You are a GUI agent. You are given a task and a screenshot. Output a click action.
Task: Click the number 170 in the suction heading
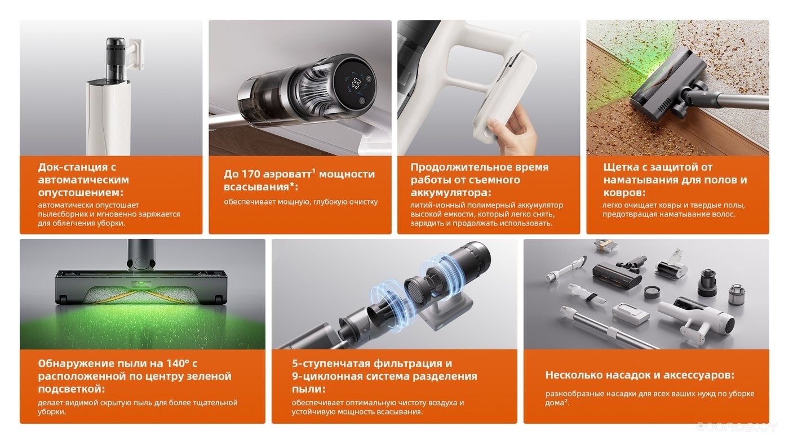click(x=252, y=174)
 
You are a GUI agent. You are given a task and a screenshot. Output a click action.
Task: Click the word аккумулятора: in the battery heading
click(x=451, y=193)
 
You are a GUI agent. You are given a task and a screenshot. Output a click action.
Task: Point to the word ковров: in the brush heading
click(x=624, y=193)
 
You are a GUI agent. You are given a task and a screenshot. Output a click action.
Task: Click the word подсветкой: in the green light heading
click(x=72, y=389)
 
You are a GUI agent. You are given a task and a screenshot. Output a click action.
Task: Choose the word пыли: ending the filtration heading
click(x=309, y=389)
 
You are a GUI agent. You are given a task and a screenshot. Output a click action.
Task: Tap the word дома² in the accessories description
click(x=557, y=403)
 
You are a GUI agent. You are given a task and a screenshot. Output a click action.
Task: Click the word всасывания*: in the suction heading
click(x=261, y=187)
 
